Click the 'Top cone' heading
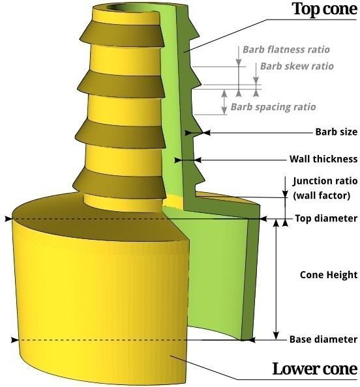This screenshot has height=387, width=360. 324,9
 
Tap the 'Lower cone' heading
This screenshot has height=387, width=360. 314,369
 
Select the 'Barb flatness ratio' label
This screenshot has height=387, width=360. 286,50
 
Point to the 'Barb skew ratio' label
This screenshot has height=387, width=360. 297,66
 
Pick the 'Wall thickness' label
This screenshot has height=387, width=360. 323,159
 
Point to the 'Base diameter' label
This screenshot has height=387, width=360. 323,339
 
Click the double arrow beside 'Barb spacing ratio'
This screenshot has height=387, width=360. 225,102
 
